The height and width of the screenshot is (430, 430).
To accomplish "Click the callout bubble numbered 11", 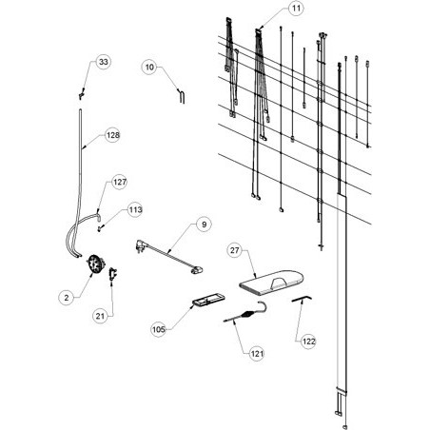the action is pyautogui.click(x=296, y=9).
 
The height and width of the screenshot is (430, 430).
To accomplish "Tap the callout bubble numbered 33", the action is pyautogui.click(x=104, y=62).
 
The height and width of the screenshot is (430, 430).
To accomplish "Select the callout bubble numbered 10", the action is pyautogui.click(x=149, y=67).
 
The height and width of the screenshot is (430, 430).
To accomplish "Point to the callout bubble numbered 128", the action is pyautogui.click(x=113, y=135).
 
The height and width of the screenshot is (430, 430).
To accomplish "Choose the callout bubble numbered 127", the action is pyautogui.click(x=120, y=182).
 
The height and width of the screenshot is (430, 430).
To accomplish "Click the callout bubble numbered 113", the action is pyautogui.click(x=135, y=209).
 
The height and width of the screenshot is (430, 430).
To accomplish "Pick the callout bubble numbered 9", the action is pyautogui.click(x=204, y=225).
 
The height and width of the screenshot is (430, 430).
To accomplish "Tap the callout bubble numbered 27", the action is pyautogui.click(x=234, y=250).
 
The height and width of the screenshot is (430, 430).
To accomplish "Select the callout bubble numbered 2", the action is pyautogui.click(x=67, y=298).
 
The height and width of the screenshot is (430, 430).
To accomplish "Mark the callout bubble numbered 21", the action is pyautogui.click(x=100, y=316).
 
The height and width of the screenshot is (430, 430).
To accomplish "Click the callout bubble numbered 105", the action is pyautogui.click(x=159, y=329).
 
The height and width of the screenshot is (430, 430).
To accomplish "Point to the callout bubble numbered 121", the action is pyautogui.click(x=257, y=353).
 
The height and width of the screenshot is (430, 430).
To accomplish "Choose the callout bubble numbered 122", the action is pyautogui.click(x=308, y=342).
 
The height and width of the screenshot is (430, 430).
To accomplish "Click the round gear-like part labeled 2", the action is pyautogui.click(x=96, y=264).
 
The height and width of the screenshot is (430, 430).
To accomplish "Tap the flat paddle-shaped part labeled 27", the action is pyautogui.click(x=271, y=281).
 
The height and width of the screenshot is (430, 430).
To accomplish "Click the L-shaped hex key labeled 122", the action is pyautogui.click(x=302, y=299).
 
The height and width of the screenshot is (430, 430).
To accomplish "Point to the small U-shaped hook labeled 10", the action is pyautogui.click(x=182, y=96).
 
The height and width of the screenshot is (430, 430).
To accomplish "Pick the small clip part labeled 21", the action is pyautogui.click(x=113, y=274).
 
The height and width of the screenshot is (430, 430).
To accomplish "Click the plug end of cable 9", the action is pyautogui.click(x=140, y=246).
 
